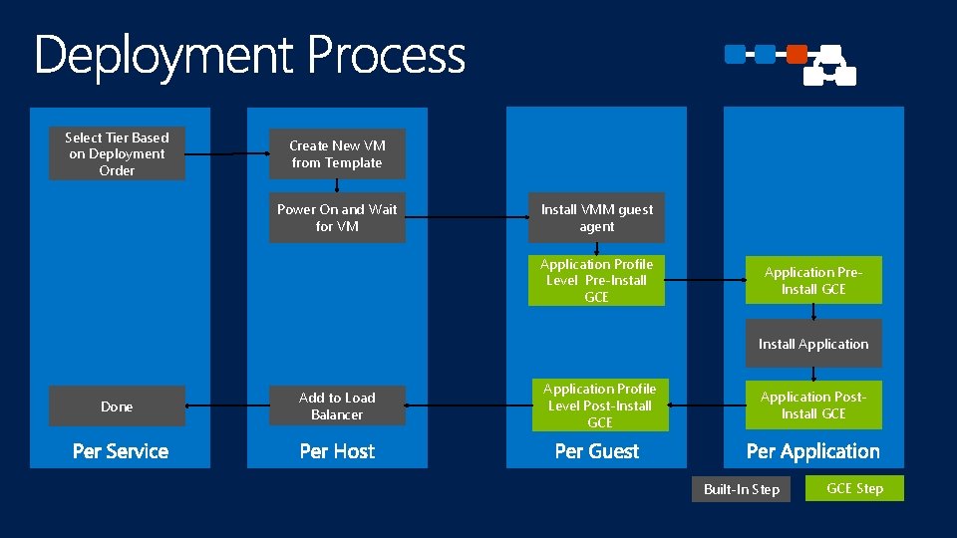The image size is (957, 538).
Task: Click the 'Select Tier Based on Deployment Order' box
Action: pyautogui.click(x=117, y=154)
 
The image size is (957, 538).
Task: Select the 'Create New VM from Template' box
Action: pyautogui.click(x=337, y=154)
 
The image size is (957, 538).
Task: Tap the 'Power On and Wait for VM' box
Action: pyautogui.click(x=337, y=217)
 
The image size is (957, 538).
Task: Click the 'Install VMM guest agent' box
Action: pyautogui.click(x=596, y=217)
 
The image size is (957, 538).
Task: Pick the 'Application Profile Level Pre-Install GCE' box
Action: pyautogui.click(x=596, y=280)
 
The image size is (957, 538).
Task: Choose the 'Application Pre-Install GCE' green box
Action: pyautogui.click(x=813, y=280)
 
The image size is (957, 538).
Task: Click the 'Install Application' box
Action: pyautogui.click(x=813, y=344)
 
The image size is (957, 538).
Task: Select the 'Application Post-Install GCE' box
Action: pyautogui.click(x=813, y=405)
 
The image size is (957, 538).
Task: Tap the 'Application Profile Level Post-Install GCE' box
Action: pyautogui.click(x=599, y=405)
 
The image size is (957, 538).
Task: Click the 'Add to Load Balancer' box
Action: pyautogui.click(x=337, y=405)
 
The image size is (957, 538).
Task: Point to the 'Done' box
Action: pyautogui.click(x=117, y=405)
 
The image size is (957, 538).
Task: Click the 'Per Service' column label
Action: pyautogui.click(x=121, y=451)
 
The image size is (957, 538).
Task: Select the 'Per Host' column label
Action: pyautogui.click(x=337, y=451)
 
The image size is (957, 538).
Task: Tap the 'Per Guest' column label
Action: pyautogui.click(x=596, y=451)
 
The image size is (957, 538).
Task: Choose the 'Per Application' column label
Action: pyautogui.click(x=813, y=451)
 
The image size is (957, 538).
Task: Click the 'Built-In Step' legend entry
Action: pyautogui.click(x=741, y=489)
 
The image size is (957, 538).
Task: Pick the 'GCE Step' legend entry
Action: pyautogui.click(x=855, y=488)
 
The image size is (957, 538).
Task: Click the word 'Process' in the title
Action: pyautogui.click(x=386, y=56)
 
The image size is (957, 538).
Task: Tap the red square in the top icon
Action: pyautogui.click(x=797, y=54)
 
